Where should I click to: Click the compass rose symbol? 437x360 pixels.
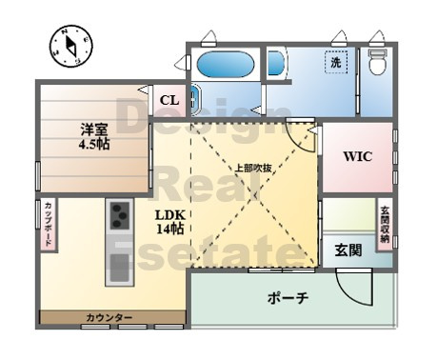click(71, 46)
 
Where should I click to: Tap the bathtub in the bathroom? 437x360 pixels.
click(226, 65)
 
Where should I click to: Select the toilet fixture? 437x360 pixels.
click(378, 62)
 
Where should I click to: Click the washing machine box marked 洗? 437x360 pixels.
click(336, 62)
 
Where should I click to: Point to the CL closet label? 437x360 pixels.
click(169, 100)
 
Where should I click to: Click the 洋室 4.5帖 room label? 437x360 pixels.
click(94, 136)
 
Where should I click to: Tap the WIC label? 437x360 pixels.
click(358, 156)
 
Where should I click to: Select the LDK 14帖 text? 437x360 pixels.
click(170, 222)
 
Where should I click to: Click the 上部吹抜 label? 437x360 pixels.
click(253, 168)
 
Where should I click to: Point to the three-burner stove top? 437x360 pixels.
click(120, 216)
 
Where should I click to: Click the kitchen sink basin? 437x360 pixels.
click(119, 268)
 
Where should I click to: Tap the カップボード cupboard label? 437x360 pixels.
click(49, 224)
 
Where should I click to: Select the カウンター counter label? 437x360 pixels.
click(109, 317)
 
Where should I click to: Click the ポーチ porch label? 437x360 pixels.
click(288, 298)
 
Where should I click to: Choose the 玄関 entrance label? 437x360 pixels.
click(348, 250)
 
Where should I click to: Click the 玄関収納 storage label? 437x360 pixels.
click(385, 224)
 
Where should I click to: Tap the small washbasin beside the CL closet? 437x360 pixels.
click(195, 100)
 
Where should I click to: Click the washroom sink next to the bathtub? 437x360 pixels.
click(276, 63)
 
